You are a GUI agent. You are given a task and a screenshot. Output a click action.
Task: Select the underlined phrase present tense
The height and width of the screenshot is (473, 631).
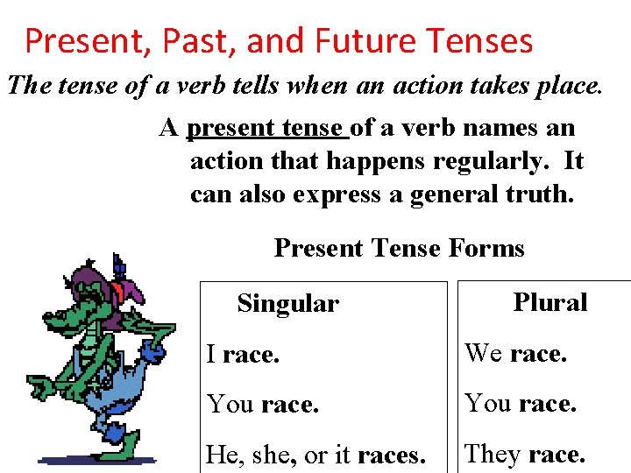pos(266,128)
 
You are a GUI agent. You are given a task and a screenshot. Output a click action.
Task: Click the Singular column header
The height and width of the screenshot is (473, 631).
pos(287,304)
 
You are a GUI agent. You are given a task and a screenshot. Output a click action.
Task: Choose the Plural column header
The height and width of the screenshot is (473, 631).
pos(549,303)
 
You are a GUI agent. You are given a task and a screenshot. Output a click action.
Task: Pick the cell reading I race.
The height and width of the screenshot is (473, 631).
pos(243,355)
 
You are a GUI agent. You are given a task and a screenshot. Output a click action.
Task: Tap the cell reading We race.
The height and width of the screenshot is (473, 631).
pos(516,354)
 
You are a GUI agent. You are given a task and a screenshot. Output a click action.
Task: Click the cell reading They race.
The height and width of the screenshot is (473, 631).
pos(525,454)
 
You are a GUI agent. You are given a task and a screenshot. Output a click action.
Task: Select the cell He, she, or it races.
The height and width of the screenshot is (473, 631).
pos(315,455)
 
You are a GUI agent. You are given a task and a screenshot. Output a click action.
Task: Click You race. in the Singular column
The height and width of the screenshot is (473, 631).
pos(263,405)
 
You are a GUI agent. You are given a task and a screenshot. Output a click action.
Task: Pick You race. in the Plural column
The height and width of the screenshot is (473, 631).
pos(521,404)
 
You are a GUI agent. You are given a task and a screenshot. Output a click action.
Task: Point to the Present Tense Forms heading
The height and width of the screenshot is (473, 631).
pos(399,249)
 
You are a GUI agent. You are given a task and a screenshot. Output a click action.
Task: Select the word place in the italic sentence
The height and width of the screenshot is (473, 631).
pos(567,87)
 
